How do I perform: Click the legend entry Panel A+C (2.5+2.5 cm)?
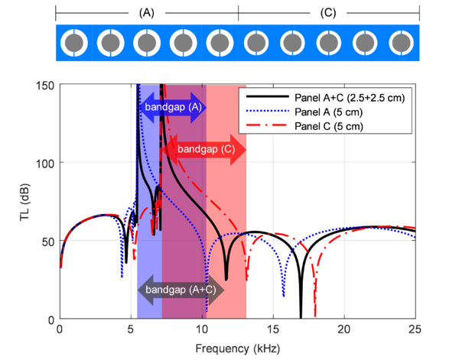pyautogui.click(x=347, y=98)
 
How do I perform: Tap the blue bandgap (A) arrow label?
pyautogui.click(x=174, y=108)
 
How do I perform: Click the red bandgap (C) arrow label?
pyautogui.click(x=205, y=150)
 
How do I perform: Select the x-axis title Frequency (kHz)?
pyautogui.click(x=237, y=349)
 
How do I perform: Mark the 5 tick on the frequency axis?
pyautogui.click(x=131, y=329)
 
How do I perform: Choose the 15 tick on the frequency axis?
pyautogui.click(x=273, y=329)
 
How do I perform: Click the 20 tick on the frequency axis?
pyautogui.click(x=344, y=329)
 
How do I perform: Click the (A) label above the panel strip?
pyautogui.click(x=148, y=13)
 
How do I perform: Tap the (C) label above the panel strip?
pyautogui.click(x=329, y=13)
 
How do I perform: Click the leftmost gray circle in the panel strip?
pyautogui.click(x=75, y=42)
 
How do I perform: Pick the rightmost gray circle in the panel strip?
pyautogui.click(x=402, y=42)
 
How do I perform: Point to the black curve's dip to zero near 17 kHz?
pyautogui.click(x=301, y=316)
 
